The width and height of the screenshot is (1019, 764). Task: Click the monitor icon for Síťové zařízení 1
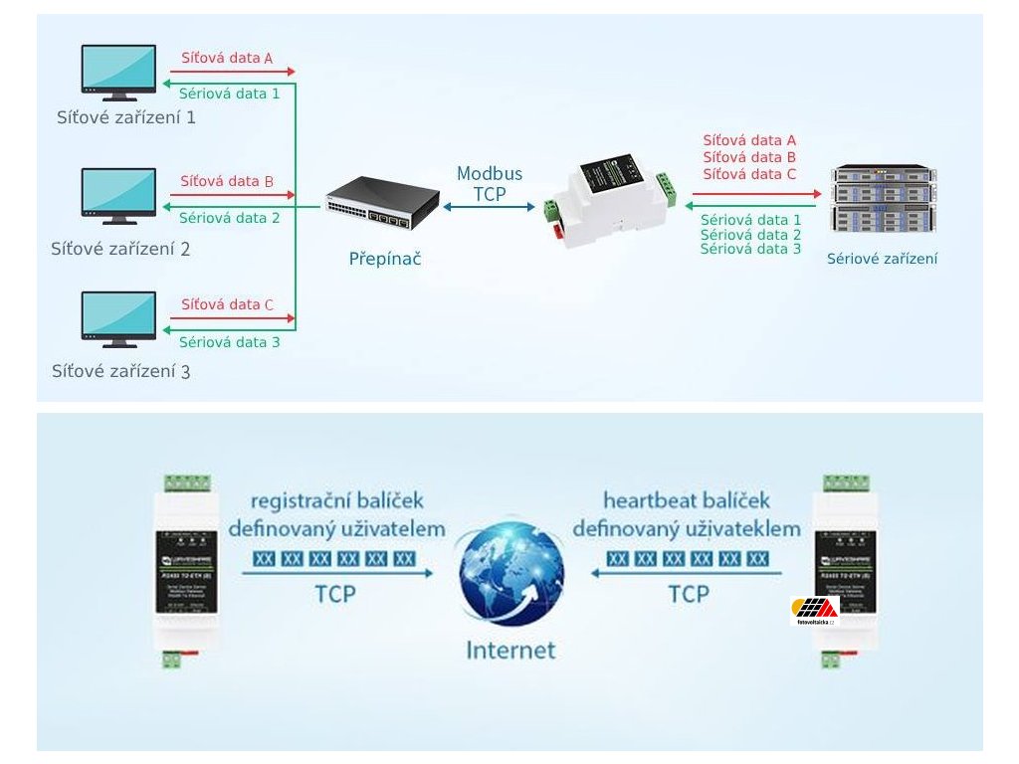tap(118, 72)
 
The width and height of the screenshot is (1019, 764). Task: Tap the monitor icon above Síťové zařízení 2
tap(118, 195)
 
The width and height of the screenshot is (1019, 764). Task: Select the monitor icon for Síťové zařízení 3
tap(118, 318)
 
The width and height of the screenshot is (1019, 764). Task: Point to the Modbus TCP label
tap(490, 184)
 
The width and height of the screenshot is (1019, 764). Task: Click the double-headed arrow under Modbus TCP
tap(490, 206)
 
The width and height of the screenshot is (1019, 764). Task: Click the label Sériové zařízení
tap(882, 259)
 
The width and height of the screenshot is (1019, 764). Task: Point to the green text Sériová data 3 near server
tap(750, 249)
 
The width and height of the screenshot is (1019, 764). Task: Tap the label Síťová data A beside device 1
tap(227, 58)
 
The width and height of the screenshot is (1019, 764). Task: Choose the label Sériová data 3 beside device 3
tap(229, 342)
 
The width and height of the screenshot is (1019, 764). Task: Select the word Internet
tap(511, 651)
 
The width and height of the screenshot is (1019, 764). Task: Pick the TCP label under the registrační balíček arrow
tap(335, 595)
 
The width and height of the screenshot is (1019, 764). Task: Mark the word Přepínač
tap(385, 259)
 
